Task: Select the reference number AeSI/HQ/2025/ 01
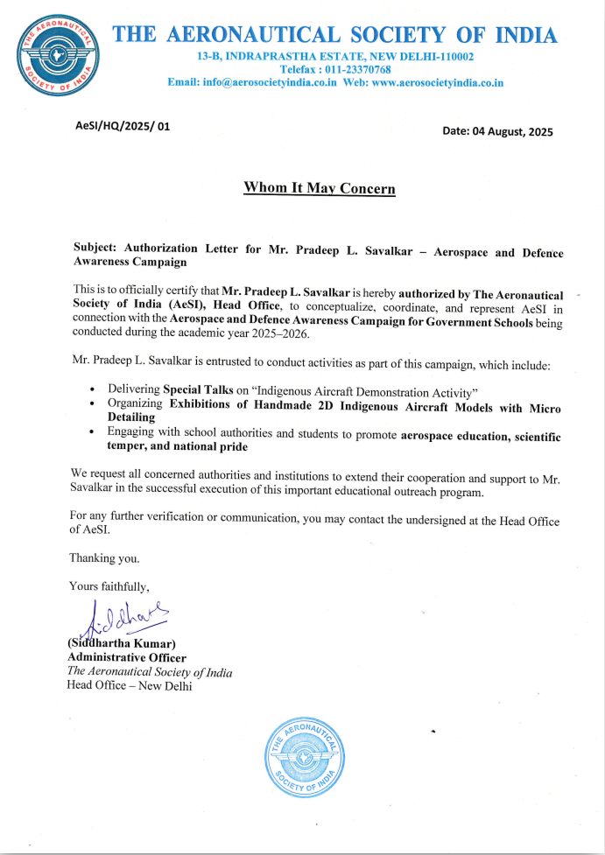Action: pyautogui.click(x=123, y=126)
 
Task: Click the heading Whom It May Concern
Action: pyautogui.click(x=319, y=188)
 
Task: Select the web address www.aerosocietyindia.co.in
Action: pyautogui.click(x=437, y=82)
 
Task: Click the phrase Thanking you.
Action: pyautogui.click(x=104, y=557)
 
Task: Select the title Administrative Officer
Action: pyautogui.click(x=127, y=658)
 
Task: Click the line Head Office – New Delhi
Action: pyautogui.click(x=130, y=685)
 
